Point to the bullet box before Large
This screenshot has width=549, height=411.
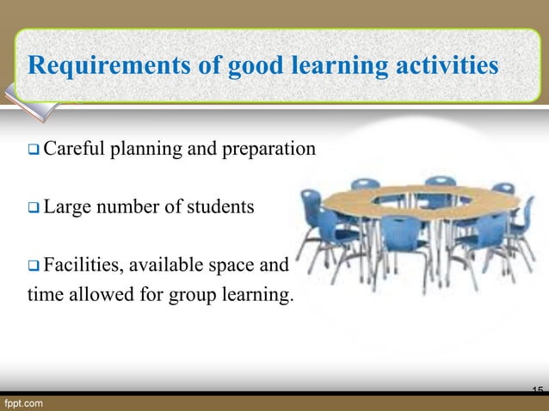point(34,207)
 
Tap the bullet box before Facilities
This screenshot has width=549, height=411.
point(34,264)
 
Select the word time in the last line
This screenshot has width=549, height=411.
point(45,297)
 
